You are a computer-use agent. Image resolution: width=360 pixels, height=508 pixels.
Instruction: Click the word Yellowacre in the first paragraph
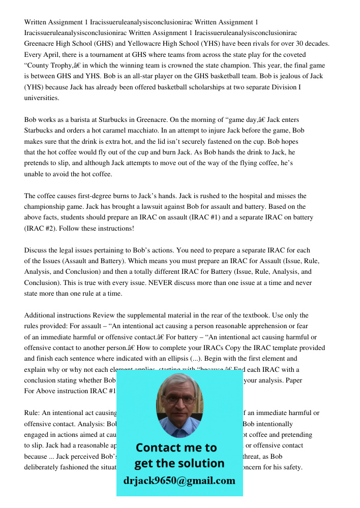(151, 44)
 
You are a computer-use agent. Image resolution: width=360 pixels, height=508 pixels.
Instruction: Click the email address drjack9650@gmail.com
(179, 481)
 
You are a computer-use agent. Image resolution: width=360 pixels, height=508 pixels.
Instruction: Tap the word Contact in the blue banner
(161, 448)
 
